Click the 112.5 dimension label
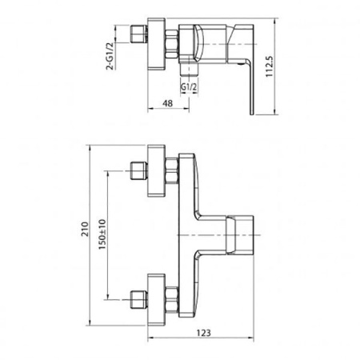[x=270, y=66]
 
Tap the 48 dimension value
[x=167, y=103]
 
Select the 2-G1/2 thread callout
[x=110, y=56]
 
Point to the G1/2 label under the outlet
[x=189, y=86]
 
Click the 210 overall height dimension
[x=85, y=229]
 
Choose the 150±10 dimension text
[x=102, y=234]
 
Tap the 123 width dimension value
[x=204, y=333]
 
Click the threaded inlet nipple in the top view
[x=139, y=34]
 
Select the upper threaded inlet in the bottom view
[x=139, y=170]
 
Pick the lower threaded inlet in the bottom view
[x=139, y=299]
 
